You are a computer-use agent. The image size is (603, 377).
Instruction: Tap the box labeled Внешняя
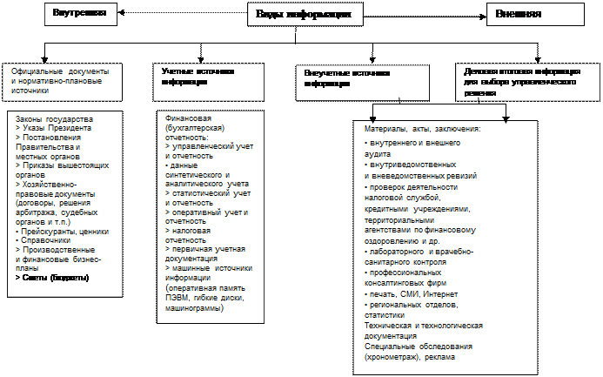(x=519, y=15)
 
